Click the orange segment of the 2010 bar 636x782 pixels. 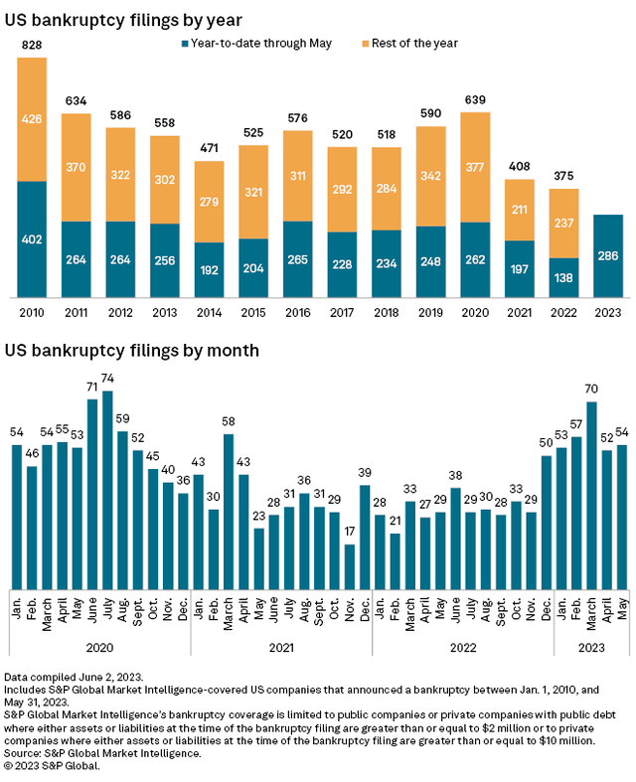point(32,119)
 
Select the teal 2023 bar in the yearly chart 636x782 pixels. point(607,255)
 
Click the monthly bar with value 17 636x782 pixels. point(349,565)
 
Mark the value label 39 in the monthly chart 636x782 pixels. point(364,473)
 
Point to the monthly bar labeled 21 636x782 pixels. point(395,561)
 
